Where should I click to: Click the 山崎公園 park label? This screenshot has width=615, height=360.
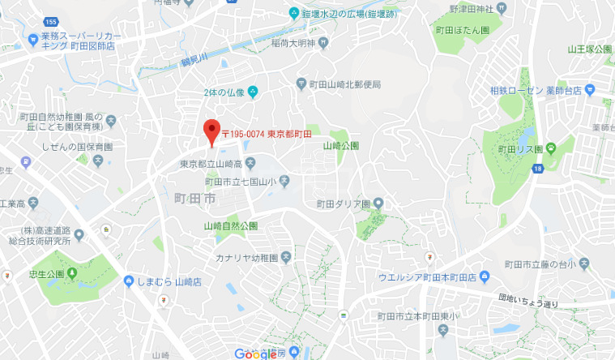[x=340, y=146]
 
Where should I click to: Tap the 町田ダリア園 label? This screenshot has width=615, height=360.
[x=343, y=204]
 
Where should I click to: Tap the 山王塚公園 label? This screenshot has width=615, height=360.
[x=589, y=49]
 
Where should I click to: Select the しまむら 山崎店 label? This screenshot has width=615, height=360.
[x=169, y=281]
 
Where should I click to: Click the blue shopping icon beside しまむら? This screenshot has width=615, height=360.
[x=129, y=281]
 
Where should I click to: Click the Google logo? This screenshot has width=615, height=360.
[x=256, y=353]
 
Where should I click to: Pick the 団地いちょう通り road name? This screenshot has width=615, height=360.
[x=528, y=303]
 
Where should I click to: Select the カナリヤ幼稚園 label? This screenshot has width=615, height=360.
[x=246, y=258]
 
